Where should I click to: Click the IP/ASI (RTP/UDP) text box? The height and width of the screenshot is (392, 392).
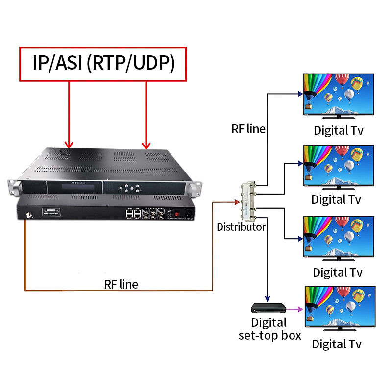click(103, 63)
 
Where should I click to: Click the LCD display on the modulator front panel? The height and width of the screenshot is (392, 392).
click(73, 187)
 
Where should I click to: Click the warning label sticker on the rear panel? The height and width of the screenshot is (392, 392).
click(50, 212)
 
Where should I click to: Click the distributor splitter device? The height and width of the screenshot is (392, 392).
click(246, 201)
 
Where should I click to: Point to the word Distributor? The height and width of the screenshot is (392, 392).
click(242, 227)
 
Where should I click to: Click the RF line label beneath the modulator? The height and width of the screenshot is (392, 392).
click(121, 284)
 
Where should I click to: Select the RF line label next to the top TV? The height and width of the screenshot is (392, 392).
click(248, 129)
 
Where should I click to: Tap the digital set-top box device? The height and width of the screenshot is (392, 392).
click(268, 308)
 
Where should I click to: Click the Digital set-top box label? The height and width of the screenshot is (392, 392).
click(269, 329)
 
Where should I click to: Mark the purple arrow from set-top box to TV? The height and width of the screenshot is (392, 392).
click(294, 309)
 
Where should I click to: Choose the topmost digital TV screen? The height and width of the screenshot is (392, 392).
click(339, 95)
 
